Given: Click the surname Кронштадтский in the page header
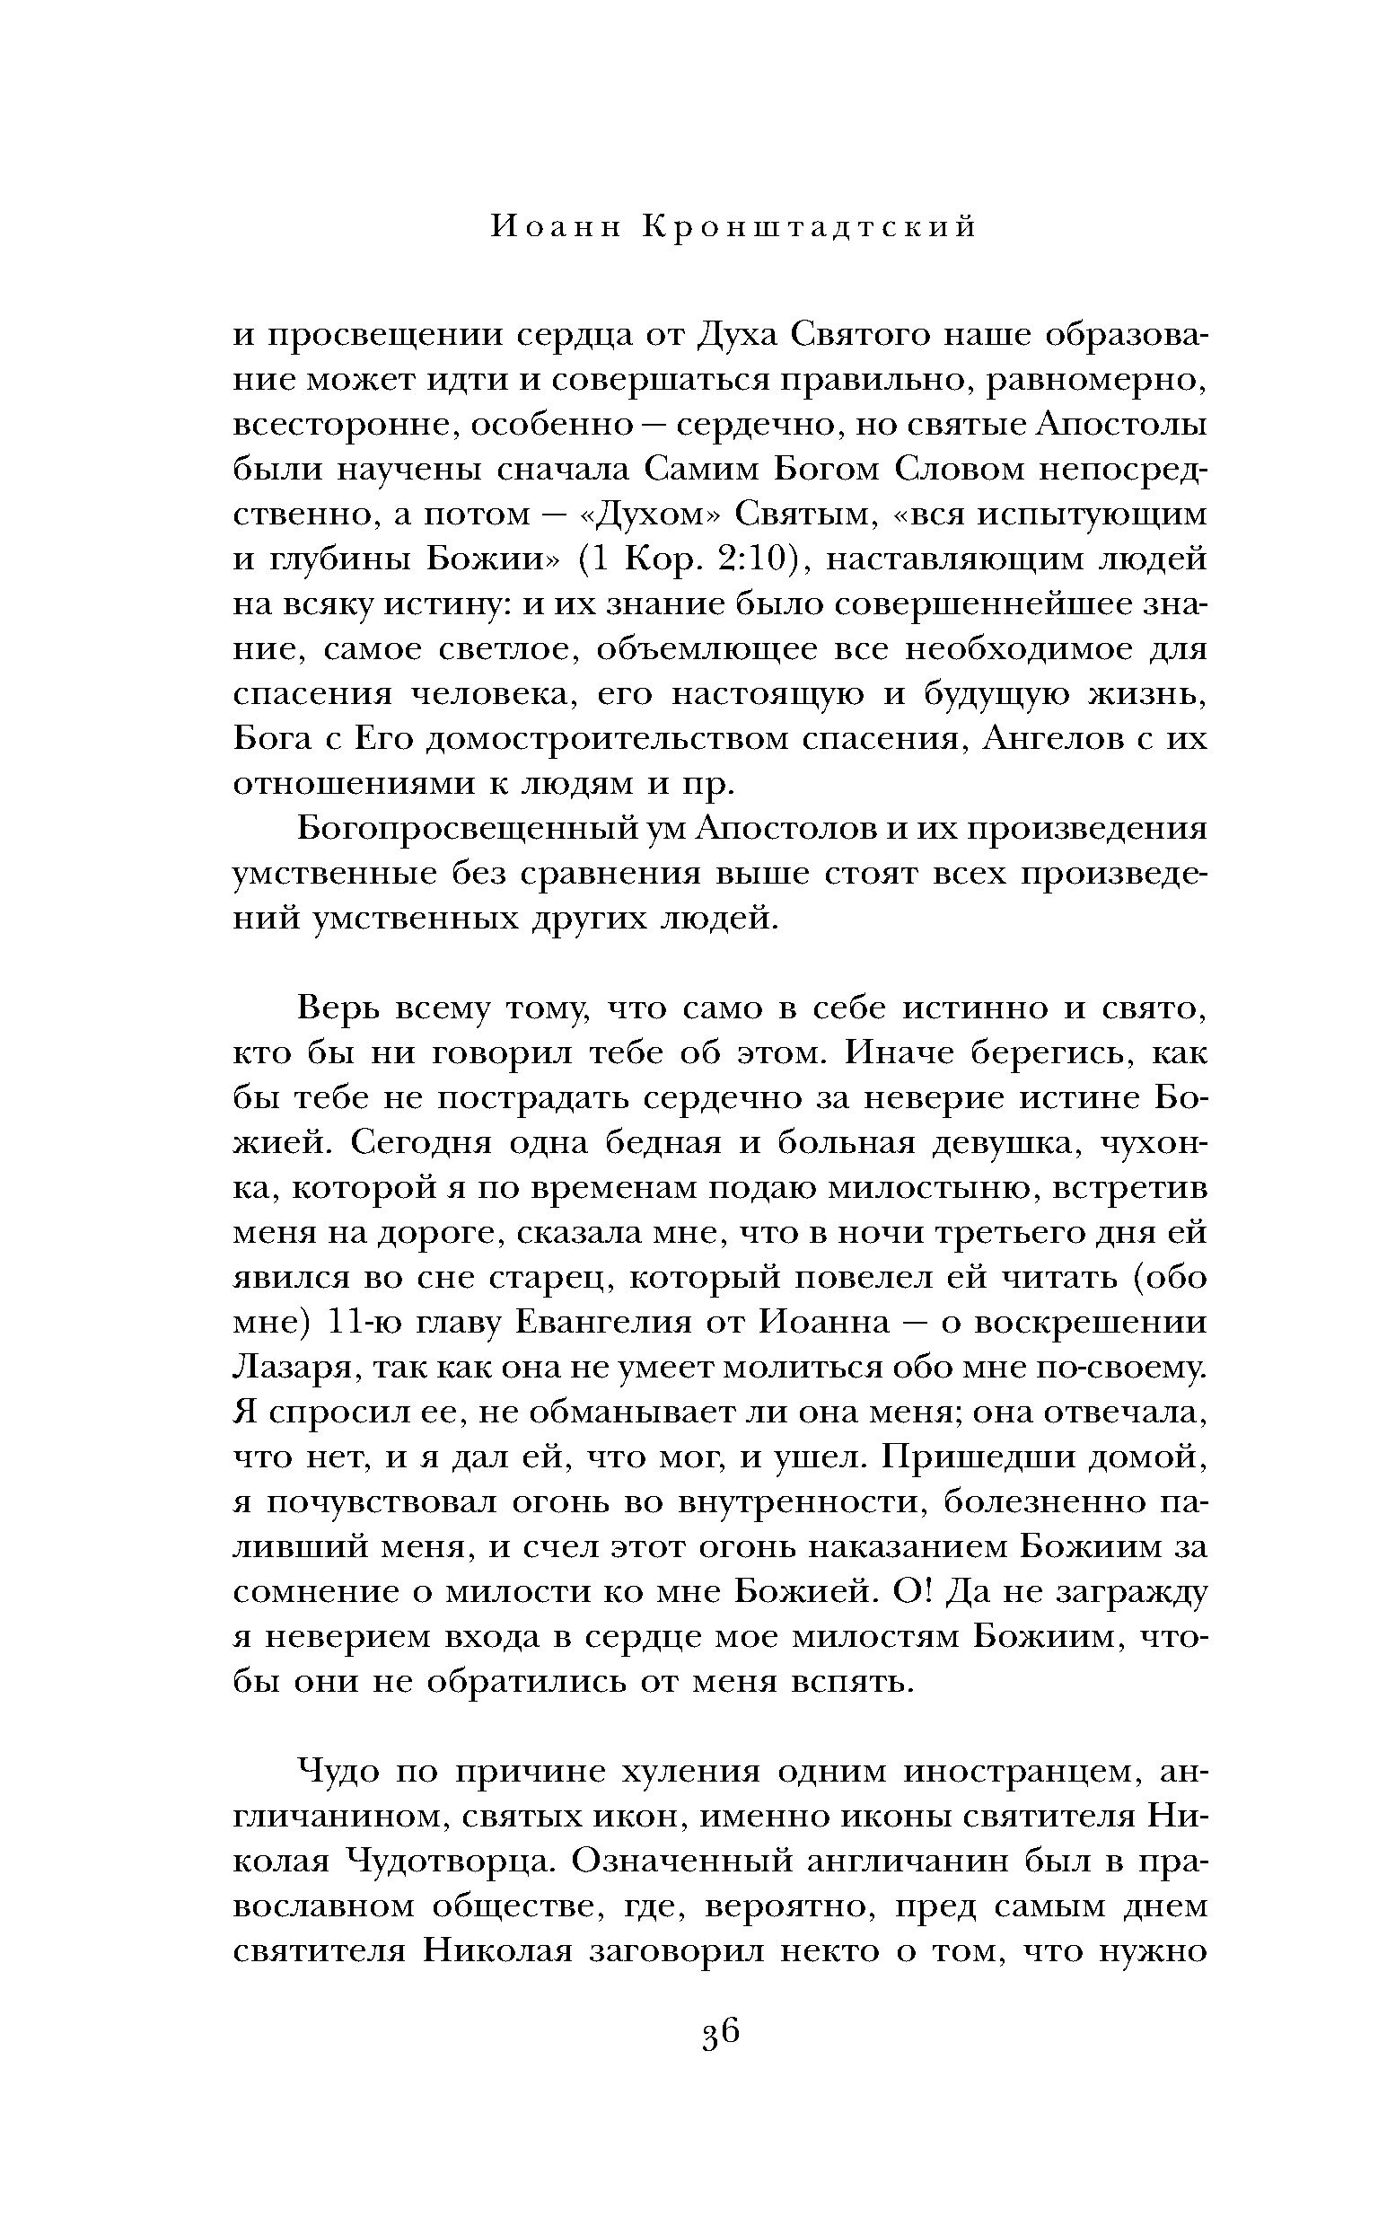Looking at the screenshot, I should pos(811,227).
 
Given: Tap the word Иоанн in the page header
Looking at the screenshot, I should pos(555,227).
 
